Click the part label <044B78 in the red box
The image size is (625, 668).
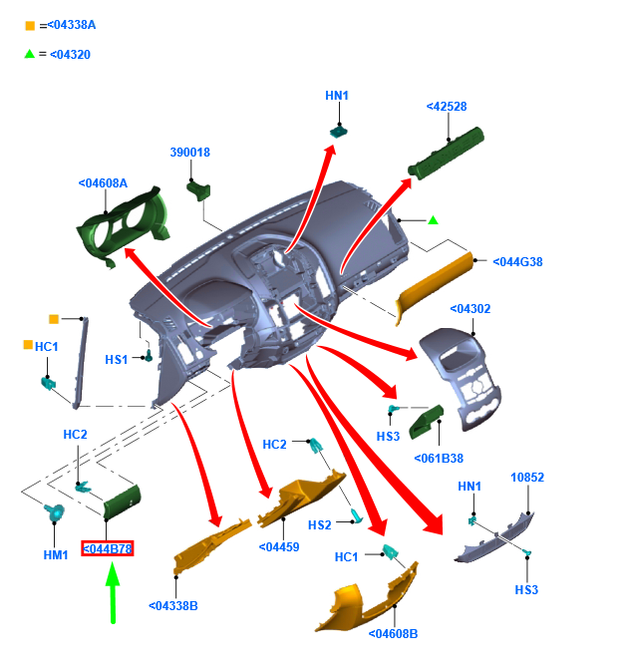108,548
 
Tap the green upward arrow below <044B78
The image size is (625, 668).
113,593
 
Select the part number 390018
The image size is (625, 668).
190,153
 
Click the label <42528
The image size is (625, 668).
447,107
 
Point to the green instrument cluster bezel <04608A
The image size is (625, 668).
124,225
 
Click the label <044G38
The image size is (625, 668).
517,262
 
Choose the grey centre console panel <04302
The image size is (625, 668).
461,378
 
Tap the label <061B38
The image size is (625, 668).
439,459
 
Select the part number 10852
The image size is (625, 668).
527,478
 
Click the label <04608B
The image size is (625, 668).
393,634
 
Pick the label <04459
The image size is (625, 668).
279,547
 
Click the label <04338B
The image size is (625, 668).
173,606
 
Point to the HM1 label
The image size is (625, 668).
56,555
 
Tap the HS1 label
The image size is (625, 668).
117,360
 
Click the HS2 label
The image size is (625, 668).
320,525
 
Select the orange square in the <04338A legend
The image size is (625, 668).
30,26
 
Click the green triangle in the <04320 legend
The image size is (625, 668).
29,54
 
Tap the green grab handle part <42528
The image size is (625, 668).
446,154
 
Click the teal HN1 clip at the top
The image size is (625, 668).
339,131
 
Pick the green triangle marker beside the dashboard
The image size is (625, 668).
433,220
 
